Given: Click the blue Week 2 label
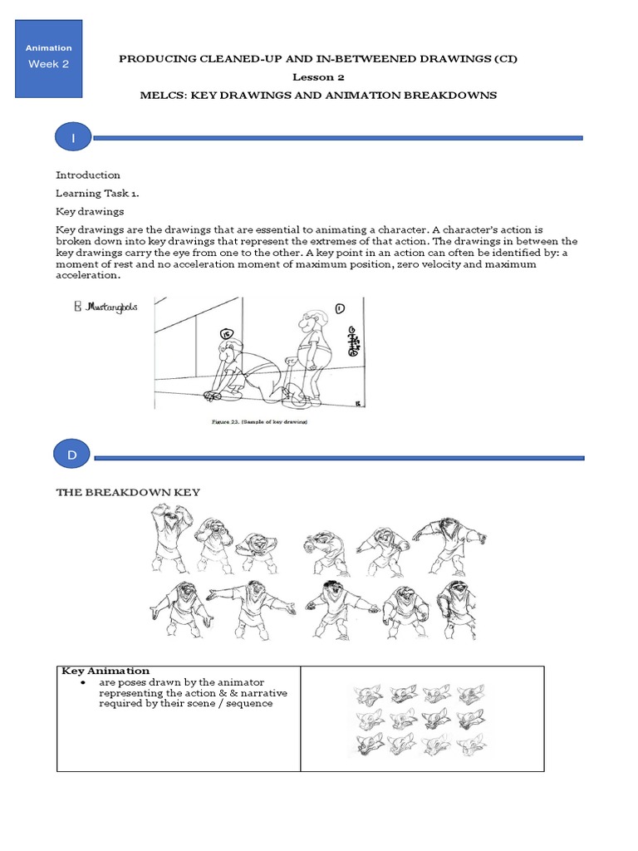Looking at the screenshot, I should tap(49, 64).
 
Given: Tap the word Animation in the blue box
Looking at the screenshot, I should tap(49, 48).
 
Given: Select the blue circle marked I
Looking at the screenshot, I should tap(73, 138).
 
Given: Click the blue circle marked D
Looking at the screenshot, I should tap(73, 455).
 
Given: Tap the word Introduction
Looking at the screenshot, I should tap(87, 175).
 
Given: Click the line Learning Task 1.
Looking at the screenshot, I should tap(98, 193).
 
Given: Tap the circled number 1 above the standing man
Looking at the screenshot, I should tap(340, 309).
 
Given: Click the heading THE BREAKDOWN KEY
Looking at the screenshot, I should tap(128, 492).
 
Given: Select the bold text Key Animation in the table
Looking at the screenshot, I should tap(106, 671).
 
